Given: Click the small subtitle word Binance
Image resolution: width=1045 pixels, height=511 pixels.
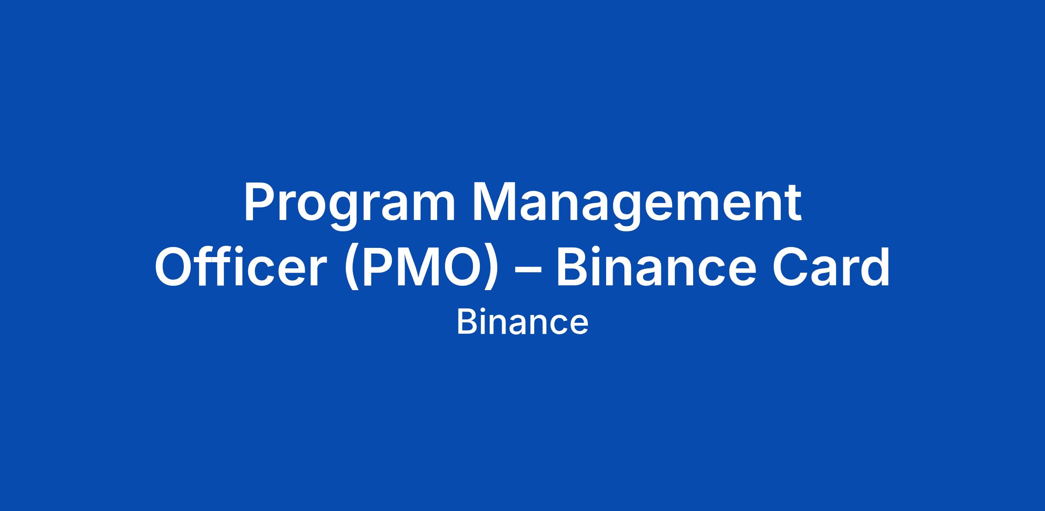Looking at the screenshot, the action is (522, 323).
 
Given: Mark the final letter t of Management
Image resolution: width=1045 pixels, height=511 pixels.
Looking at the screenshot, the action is (792, 205).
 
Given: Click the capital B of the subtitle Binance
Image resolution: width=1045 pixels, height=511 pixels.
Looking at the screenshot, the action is (466, 322).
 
